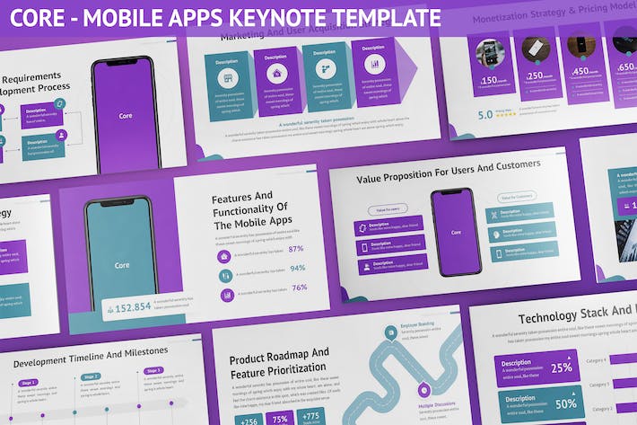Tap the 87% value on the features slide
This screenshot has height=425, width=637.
click(296, 249)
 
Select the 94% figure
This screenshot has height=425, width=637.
click(297, 268)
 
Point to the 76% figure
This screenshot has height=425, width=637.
click(300, 288)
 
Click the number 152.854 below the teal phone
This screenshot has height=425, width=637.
click(134, 307)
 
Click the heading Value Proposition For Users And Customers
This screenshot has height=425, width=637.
click(448, 165)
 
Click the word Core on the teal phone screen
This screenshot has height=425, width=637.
click(120, 253)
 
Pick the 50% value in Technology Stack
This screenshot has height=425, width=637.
click(565, 403)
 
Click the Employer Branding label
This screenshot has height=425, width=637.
click(418, 323)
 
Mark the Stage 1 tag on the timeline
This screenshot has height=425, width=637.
click(28, 383)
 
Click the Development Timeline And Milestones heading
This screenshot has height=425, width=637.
click(90, 351)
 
